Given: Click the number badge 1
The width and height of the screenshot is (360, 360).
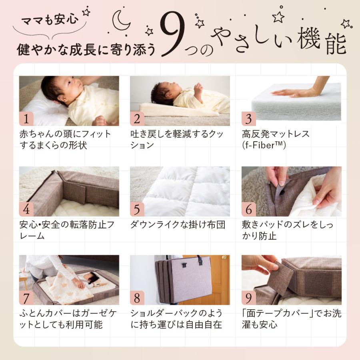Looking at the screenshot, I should click(x=26, y=119).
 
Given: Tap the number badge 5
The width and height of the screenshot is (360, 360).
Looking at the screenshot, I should click(x=137, y=209).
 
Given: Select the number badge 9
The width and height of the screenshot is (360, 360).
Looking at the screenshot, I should click(x=248, y=298).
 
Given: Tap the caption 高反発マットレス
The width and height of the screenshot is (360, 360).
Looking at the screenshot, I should click(x=276, y=134).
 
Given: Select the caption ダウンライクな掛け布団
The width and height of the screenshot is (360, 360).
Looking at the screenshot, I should click(x=178, y=224).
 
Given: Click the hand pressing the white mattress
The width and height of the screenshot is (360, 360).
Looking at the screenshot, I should click(x=298, y=92).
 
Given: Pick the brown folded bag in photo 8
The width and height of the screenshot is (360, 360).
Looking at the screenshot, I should click(x=182, y=280).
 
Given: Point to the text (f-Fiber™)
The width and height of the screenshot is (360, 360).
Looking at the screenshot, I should click(x=264, y=145).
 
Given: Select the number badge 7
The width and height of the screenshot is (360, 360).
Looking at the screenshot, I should click(x=26, y=298).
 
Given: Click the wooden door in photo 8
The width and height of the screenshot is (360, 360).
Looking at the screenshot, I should click(x=218, y=276).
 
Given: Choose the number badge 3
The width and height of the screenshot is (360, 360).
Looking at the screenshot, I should click(x=248, y=119).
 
